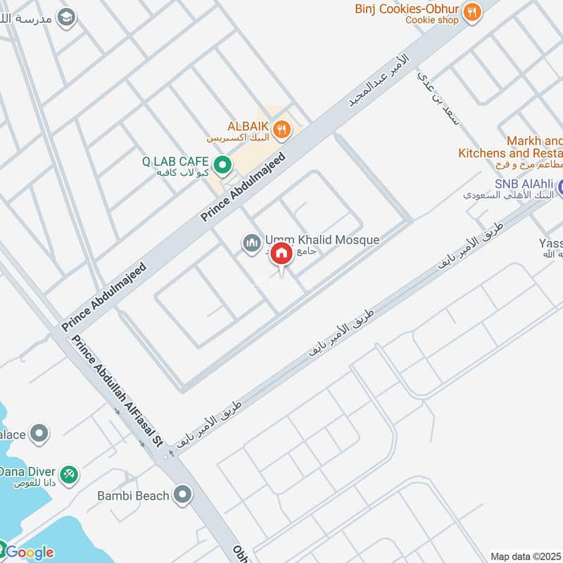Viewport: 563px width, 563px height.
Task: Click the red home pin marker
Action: pos(281,254)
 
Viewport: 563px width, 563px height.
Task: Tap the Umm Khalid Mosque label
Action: pos(322,240)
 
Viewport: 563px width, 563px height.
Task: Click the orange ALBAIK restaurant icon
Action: pos(281,129)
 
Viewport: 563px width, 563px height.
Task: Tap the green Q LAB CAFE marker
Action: pos(222,165)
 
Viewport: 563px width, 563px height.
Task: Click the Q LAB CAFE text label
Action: pos(175,161)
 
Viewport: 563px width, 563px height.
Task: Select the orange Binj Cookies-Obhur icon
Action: pos(472,11)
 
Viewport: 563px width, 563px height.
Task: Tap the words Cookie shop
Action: pos(432,20)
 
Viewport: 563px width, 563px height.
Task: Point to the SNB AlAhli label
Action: pos(524,184)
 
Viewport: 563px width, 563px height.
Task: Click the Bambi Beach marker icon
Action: pos(183,495)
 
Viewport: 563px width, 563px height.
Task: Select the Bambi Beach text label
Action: pos(133,495)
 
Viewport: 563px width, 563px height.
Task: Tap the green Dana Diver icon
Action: pos(69,475)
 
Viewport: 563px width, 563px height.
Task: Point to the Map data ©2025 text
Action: pos(526,556)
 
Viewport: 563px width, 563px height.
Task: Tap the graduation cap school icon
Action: pos(67,18)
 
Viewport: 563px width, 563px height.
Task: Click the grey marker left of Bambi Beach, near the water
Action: pos(39,431)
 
